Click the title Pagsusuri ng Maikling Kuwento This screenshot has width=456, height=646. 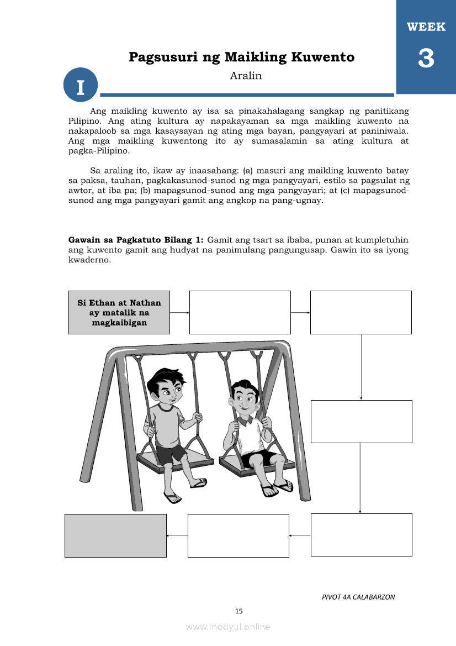point(241,57)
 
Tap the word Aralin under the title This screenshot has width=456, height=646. point(246,76)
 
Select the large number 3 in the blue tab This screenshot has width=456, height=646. point(426,59)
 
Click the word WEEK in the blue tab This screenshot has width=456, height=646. point(426,27)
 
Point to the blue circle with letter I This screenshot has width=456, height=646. point(81,86)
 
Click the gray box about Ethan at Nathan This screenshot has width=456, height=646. point(119,312)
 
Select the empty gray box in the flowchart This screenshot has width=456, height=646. point(115,535)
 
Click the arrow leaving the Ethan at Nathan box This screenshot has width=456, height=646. point(179,312)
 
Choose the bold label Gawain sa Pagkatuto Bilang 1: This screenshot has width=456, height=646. point(136,240)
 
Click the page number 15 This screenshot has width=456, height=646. point(238,611)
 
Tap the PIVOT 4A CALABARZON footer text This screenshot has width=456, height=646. point(358,597)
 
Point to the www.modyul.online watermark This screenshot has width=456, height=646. point(228,627)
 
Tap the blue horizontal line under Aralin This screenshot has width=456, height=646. point(247,94)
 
